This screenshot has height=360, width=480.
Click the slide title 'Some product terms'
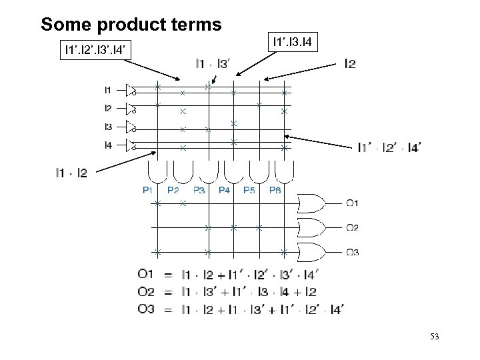tap(131, 25)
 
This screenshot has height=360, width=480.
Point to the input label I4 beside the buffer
tap(109, 145)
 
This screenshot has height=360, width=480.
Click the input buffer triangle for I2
tap(131, 109)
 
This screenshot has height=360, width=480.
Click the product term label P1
tap(149, 190)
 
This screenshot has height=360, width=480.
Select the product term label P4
tap(223, 190)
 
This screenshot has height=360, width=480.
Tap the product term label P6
tap(275, 190)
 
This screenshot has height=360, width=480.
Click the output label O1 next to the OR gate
tap(352, 203)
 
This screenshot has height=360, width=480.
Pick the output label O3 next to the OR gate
tap(352, 252)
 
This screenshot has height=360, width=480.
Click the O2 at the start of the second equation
tap(147, 291)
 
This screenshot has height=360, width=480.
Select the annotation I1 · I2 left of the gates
tap(71, 173)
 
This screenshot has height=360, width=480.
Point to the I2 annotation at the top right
tap(349, 65)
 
